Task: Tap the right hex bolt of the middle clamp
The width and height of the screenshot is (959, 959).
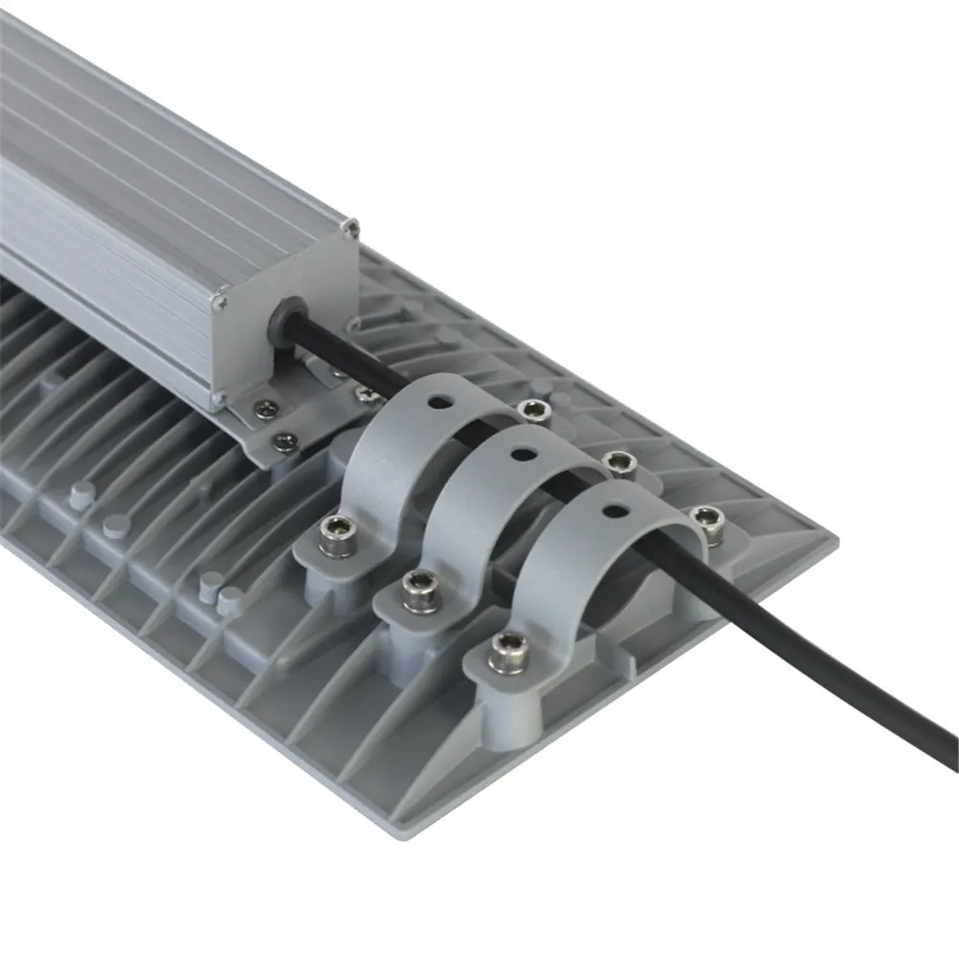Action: point(620,465)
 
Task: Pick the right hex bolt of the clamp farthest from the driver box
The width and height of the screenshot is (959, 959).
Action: point(709,519)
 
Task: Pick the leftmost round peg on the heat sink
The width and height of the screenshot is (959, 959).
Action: point(78,494)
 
